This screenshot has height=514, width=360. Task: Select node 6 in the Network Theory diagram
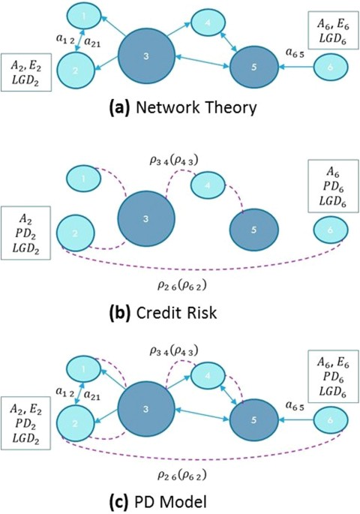(x=330, y=68)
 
